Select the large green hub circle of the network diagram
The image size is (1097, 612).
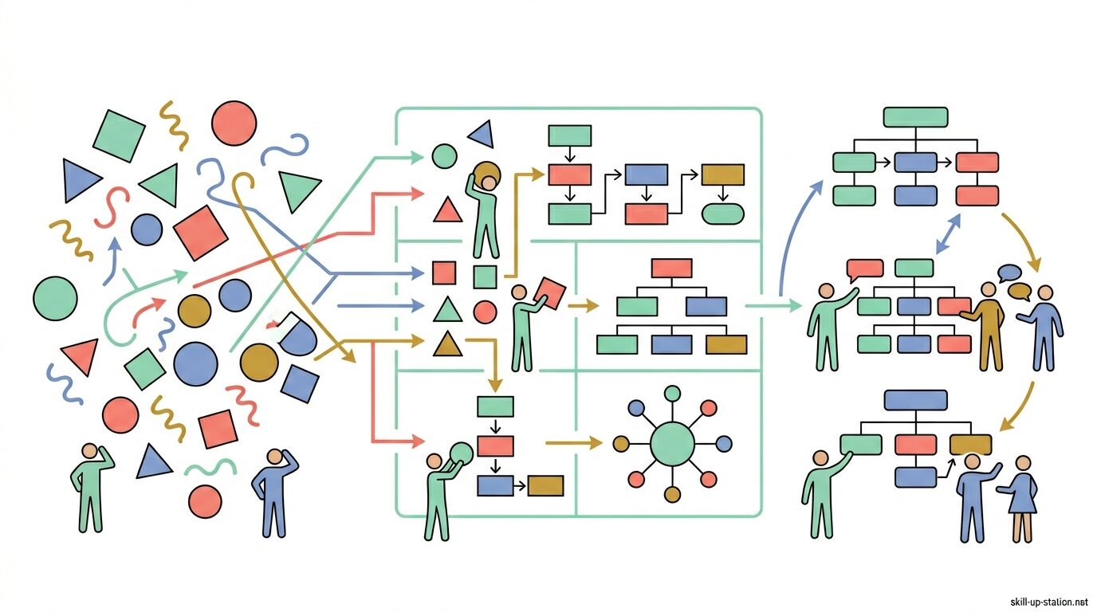coord(672,443)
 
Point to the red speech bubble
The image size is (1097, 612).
coord(864,269)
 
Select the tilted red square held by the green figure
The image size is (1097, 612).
coord(549,292)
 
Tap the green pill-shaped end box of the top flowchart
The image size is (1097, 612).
coord(722,214)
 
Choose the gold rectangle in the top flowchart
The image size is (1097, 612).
coord(722,175)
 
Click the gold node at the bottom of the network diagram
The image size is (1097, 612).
coord(672,495)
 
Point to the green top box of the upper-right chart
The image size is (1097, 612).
coord(915,117)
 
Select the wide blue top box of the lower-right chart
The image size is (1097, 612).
coord(915,399)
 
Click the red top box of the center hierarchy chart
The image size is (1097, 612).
coord(671,269)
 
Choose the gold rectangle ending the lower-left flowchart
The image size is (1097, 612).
coord(545,485)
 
